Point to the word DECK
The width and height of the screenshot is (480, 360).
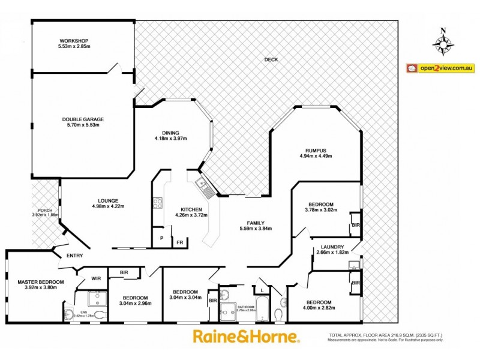pyautogui.click(x=271, y=59)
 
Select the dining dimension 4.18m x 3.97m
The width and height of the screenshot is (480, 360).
pyautogui.click(x=172, y=139)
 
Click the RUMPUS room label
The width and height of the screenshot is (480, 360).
pyautogui.click(x=316, y=151)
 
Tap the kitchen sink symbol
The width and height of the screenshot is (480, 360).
pyautogui.click(x=205, y=187)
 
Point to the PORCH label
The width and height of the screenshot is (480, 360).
pyautogui.click(x=44, y=210)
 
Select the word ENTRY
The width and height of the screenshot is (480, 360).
pyautogui.click(x=74, y=256)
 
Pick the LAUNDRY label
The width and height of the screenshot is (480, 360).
pyautogui.click(x=332, y=247)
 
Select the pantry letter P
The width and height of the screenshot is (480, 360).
pyautogui.click(x=161, y=238)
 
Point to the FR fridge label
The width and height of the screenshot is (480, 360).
pyautogui.click(x=179, y=242)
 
